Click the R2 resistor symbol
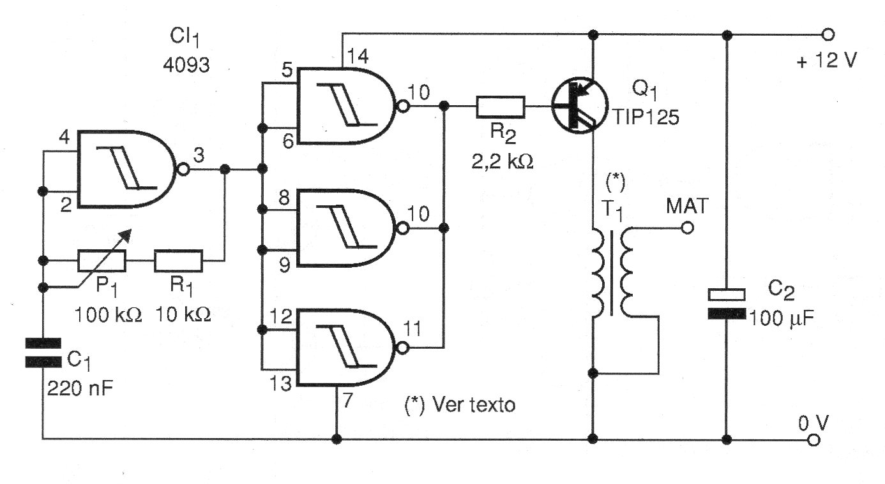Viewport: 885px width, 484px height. click(x=500, y=106)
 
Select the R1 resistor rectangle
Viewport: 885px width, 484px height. click(x=179, y=260)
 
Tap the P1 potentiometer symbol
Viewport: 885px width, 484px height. click(x=102, y=260)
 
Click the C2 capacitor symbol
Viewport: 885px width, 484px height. click(x=727, y=304)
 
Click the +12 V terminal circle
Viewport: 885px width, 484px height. click(x=828, y=33)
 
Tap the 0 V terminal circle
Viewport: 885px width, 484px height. click(x=813, y=440)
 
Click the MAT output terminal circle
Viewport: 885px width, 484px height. click(x=686, y=228)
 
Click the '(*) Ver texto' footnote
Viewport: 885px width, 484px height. click(x=460, y=406)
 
